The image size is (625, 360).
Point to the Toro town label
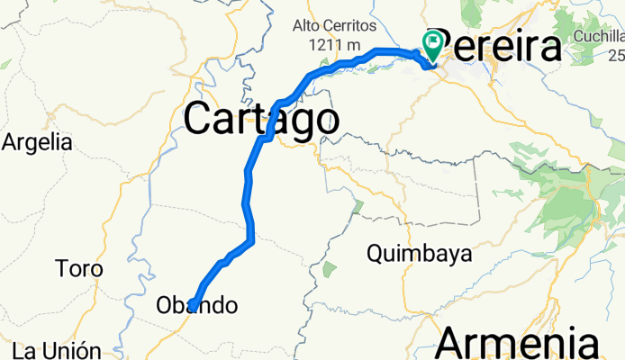point(79,268)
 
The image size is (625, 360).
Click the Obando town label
point(198,305)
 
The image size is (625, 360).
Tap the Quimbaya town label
point(420,255)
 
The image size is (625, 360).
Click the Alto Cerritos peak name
point(332,26)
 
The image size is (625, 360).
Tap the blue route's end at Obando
point(192,307)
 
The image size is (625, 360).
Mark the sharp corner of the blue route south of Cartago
point(252,240)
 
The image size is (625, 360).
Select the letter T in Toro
point(61,268)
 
